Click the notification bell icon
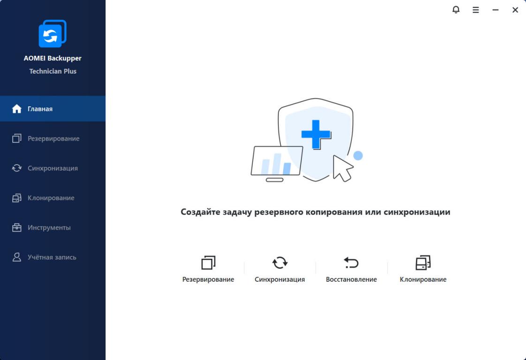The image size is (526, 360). [x=456, y=10]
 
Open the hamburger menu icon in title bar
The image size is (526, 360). [x=476, y=10]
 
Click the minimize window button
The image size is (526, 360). [x=496, y=10]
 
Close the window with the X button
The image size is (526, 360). [x=515, y=10]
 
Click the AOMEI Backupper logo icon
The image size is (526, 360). [x=53, y=34]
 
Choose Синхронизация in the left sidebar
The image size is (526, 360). [x=53, y=168]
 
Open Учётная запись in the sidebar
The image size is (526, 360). [x=53, y=257]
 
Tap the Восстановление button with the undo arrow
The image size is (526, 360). [x=351, y=269]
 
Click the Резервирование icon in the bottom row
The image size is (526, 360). [x=208, y=262]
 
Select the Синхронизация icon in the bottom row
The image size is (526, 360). [x=280, y=262]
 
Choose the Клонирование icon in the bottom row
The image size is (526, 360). [x=423, y=262]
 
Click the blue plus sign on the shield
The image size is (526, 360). [x=316, y=134]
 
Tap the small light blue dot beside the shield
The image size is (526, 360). [x=358, y=155]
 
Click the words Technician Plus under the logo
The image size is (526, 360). [x=53, y=71]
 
